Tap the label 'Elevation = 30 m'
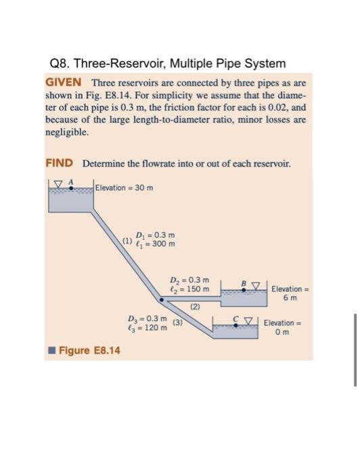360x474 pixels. [x=125, y=187]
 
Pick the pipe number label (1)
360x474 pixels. [x=127, y=238]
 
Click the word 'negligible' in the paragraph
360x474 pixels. [x=66, y=134]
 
